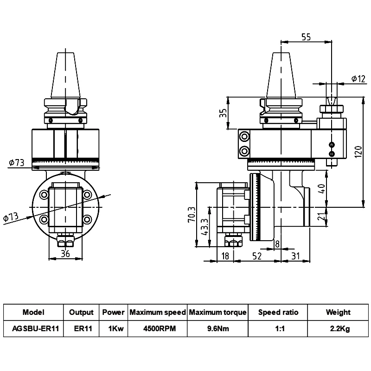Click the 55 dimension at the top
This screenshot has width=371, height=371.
click(306, 37)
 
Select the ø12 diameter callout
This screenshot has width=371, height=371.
click(358, 78)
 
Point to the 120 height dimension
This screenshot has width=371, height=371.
click(358, 152)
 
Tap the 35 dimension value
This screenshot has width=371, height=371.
click(223, 113)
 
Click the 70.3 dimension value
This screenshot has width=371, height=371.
click(192, 214)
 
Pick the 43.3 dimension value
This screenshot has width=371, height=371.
click(205, 227)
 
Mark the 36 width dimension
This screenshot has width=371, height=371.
click(65, 254)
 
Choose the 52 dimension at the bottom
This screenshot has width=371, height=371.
click(257, 256)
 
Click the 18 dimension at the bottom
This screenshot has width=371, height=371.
click(225, 256)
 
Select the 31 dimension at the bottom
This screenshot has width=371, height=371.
click(295, 256)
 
